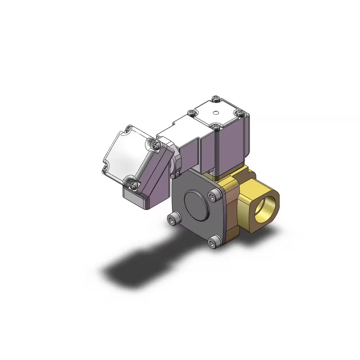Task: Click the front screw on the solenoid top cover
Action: click(x=215, y=126)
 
